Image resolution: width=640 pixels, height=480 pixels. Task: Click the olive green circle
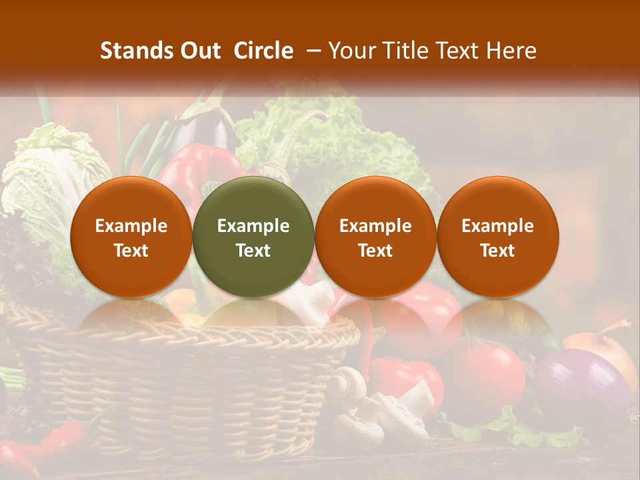253,237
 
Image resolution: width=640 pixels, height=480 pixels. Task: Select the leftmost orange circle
131,237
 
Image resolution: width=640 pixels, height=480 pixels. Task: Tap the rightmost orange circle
497,237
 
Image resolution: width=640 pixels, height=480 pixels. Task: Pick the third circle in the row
375,237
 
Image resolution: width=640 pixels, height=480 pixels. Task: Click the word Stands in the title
136,51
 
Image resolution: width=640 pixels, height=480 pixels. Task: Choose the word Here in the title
512,51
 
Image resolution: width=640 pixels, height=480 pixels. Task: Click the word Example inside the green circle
253,226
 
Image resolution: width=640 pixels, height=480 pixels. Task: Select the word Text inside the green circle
253,251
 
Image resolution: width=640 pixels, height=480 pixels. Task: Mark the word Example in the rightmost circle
497,226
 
